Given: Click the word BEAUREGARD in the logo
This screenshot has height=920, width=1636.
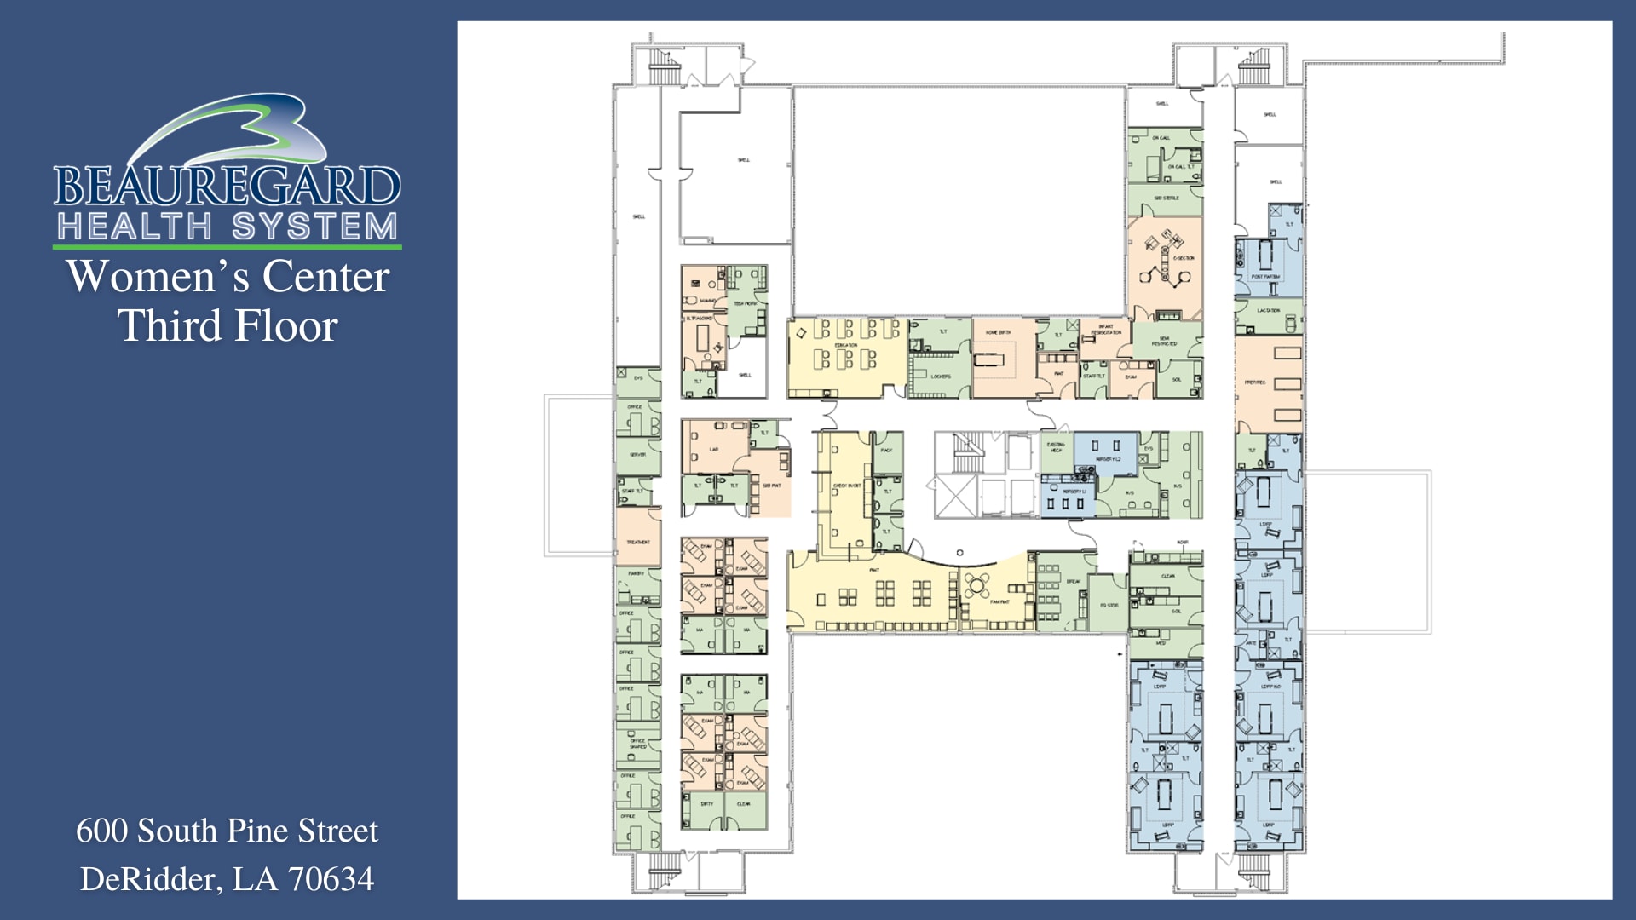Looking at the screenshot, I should pos(227,186).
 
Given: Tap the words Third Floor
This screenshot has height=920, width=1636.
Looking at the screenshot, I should pos(228,325).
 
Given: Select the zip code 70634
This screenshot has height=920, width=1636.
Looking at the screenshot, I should pos(331,878).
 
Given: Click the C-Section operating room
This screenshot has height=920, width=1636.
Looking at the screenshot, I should pos(1165,260).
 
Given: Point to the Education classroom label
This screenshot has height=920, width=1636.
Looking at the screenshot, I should pos(845,345).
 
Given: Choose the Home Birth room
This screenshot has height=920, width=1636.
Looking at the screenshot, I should pos(998,332).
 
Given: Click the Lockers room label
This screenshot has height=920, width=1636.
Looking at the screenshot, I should pos(941,376).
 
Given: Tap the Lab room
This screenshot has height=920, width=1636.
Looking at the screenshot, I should pos(714,449).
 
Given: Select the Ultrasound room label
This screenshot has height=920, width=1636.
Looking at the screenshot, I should pos(700,318).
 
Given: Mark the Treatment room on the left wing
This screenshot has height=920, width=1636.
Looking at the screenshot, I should pos(638,541).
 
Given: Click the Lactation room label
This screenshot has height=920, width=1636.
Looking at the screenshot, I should pos(1269,311).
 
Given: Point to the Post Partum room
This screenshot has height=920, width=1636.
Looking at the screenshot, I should pos(1265,276).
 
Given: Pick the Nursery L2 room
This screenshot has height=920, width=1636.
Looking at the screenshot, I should pos(1107,459).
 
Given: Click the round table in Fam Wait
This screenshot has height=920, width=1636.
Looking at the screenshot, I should pos(977,585).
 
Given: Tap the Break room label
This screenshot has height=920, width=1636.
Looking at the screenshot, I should pos(1073,581).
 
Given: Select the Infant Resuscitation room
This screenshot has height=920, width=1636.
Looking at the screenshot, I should pos(1106,331).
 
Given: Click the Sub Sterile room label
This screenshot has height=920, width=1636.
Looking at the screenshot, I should pos(1167,198).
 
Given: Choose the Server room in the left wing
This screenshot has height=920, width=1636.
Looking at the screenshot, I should pos(637,455).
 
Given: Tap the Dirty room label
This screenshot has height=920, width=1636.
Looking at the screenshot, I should pos(706,803).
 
